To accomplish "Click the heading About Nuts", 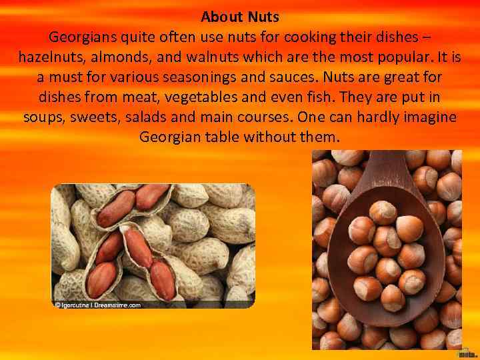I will coord(240,15).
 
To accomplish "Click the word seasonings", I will coord(219,77).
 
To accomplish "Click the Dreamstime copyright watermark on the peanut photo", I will coord(98,305).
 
